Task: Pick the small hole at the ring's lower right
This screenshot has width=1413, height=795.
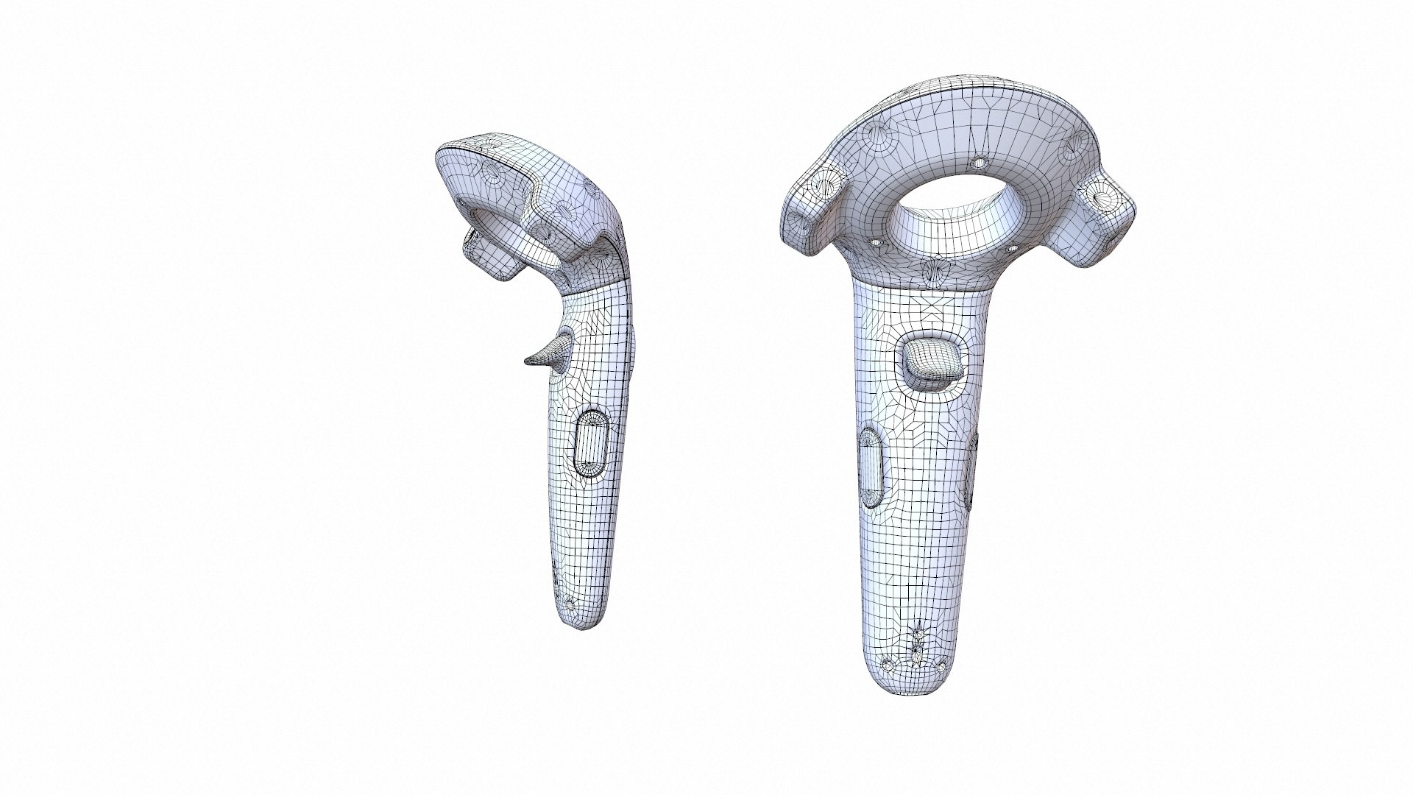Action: tap(1012, 250)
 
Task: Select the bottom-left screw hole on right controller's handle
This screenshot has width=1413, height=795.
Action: tap(889, 665)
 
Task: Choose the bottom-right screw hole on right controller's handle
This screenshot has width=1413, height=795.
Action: tap(941, 667)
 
